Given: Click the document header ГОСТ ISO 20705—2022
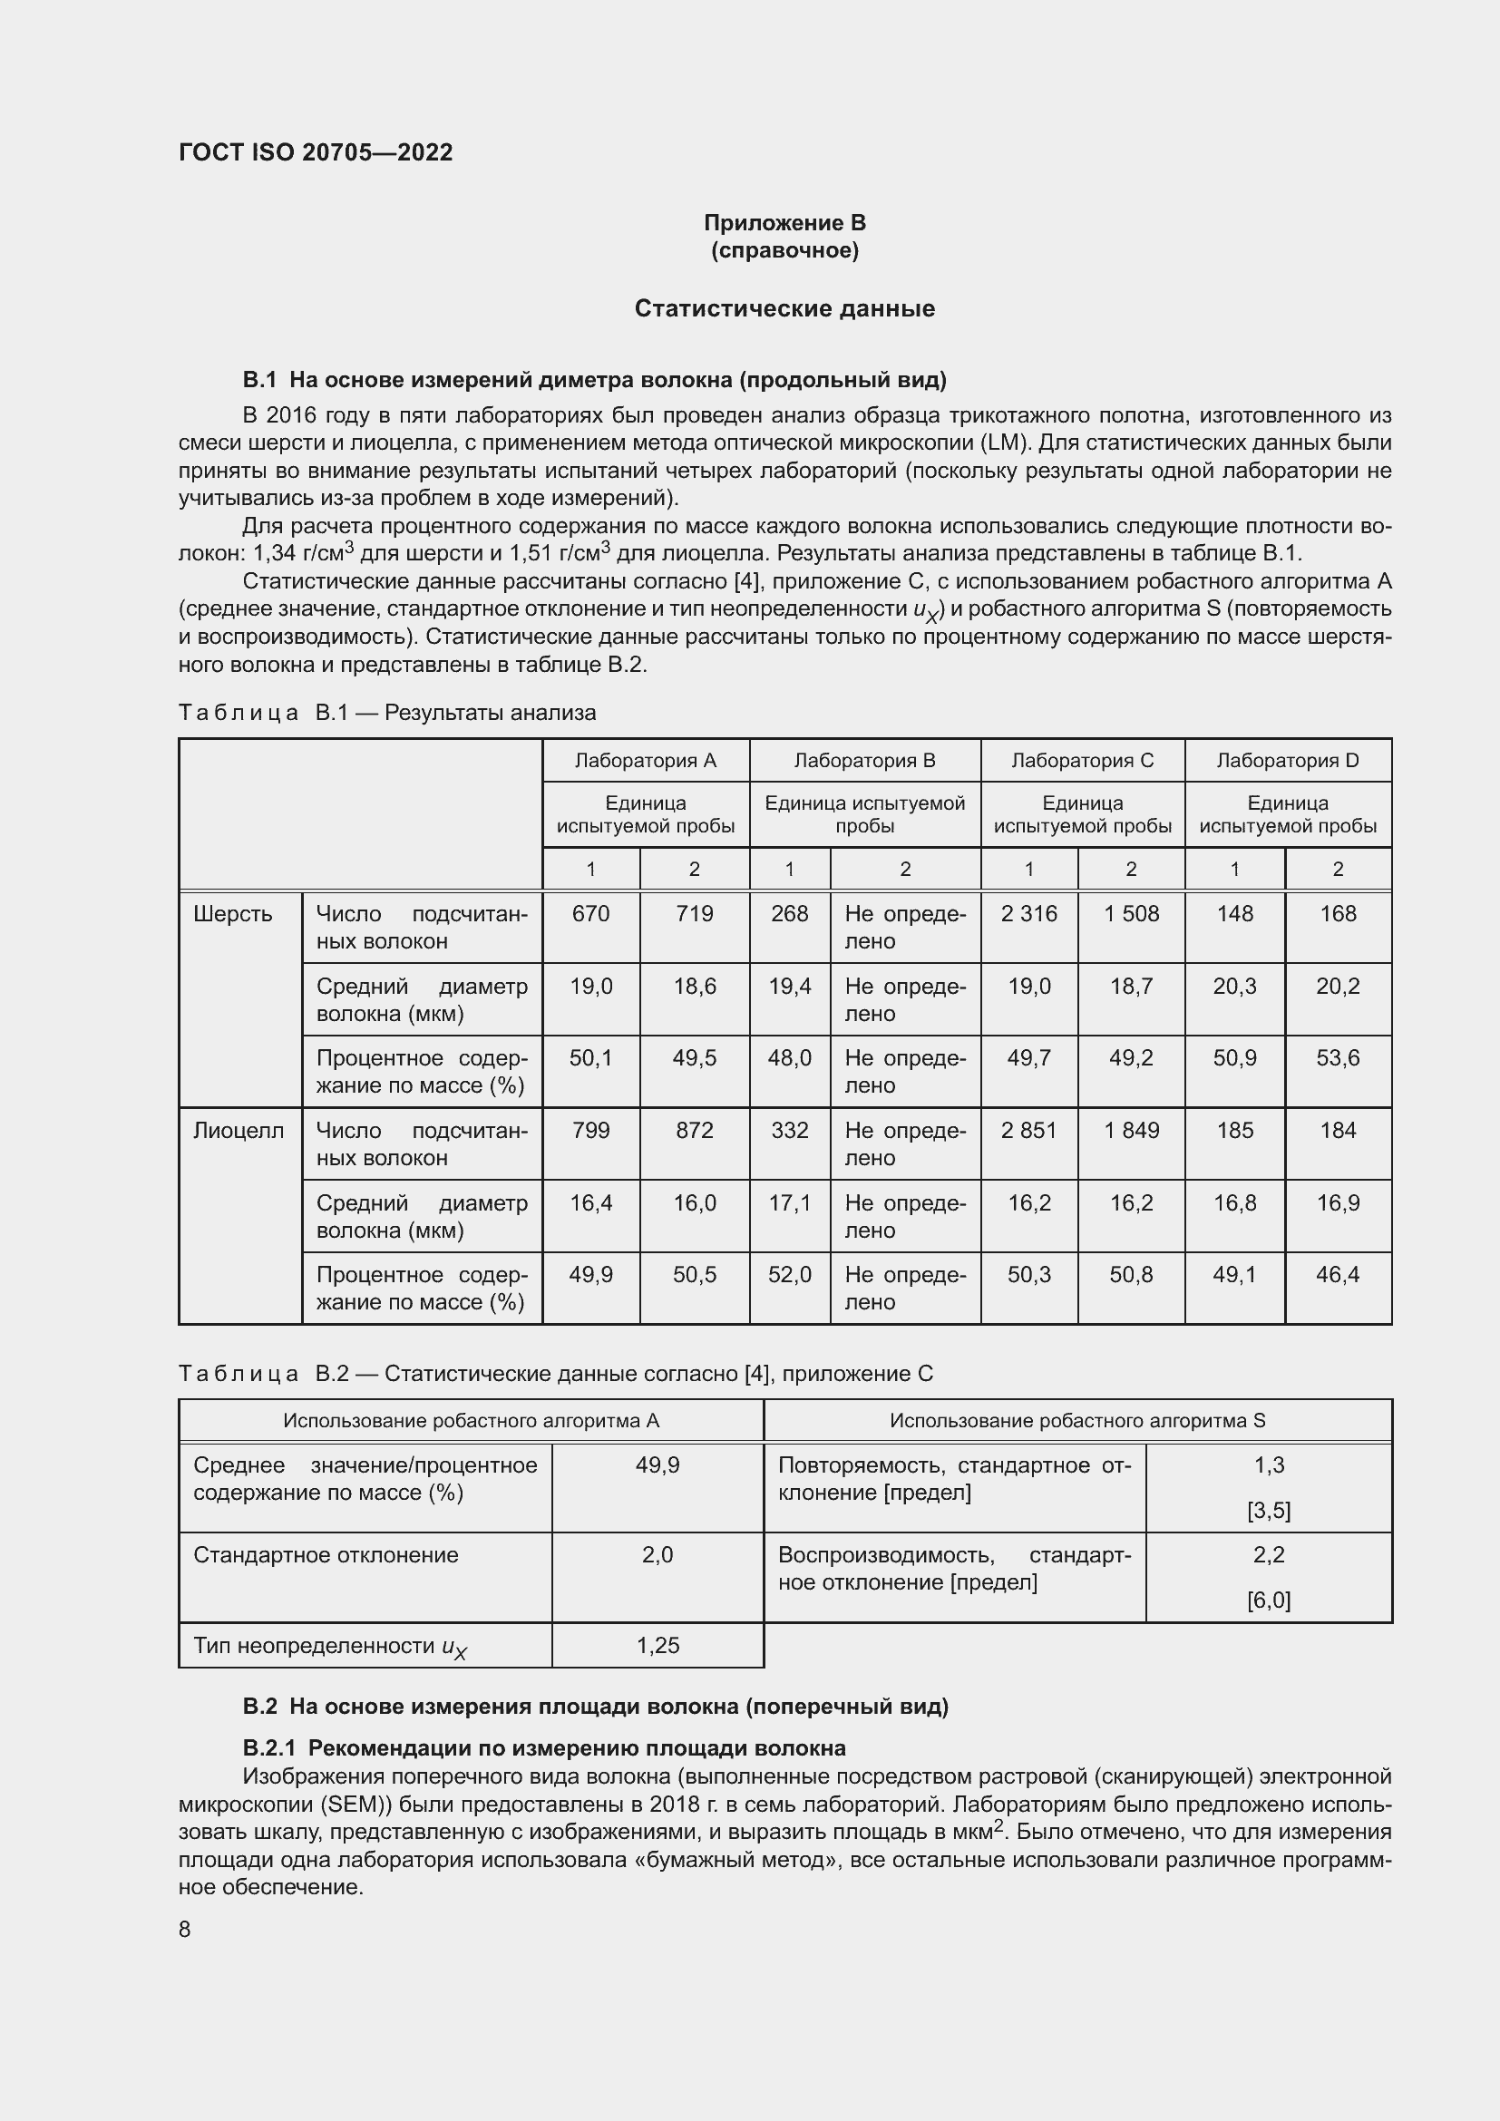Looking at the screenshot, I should [316, 152].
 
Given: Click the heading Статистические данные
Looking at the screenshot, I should [784, 308].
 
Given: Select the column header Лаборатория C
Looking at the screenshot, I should [1082, 760].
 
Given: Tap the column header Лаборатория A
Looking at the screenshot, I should [645, 760].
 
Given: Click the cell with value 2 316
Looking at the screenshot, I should [1028, 914].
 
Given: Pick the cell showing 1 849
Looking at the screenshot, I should [1131, 1130].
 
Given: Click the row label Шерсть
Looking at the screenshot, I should [233, 914].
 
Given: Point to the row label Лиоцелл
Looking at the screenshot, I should [239, 1130].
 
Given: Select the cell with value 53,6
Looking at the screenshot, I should [1337, 1057].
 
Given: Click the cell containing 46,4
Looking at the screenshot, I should [1337, 1274].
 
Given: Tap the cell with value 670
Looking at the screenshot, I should [590, 914].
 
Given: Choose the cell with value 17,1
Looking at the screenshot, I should [789, 1202].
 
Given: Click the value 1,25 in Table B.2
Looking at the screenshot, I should [657, 1645].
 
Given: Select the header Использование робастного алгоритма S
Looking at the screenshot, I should [1077, 1420].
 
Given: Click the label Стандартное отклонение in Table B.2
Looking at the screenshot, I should [326, 1555].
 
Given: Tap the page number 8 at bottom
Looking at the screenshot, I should [185, 1929].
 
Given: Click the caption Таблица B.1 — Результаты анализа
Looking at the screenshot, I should [387, 712].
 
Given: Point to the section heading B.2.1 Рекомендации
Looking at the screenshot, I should [544, 1747].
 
